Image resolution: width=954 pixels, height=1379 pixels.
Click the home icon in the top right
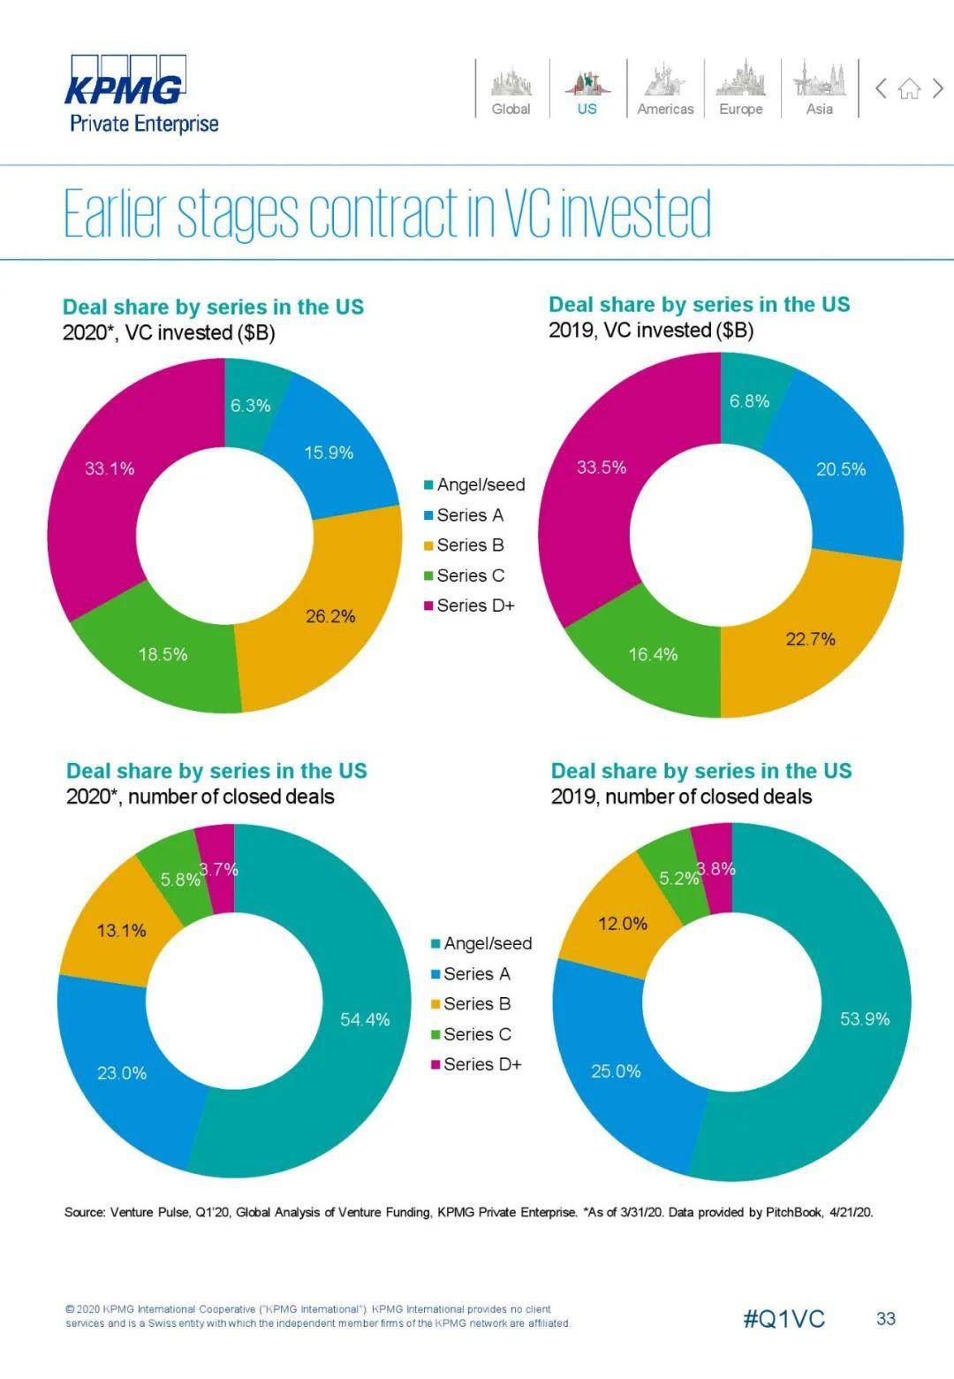tap(909, 88)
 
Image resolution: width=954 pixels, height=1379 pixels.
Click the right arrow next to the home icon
tap(938, 88)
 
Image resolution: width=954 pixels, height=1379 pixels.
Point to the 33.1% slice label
tap(110, 469)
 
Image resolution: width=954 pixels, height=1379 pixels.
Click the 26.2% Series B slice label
tap(330, 616)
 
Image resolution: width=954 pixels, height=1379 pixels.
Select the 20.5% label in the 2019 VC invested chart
tap(840, 469)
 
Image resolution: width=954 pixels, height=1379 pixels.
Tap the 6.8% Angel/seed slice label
tap(749, 401)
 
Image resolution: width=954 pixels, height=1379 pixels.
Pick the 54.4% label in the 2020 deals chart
tap(365, 1020)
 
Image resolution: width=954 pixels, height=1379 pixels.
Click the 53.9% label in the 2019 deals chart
tap(864, 1019)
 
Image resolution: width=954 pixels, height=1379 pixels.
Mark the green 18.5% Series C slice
tap(163, 655)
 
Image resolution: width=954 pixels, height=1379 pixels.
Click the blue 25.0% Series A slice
tap(616, 1071)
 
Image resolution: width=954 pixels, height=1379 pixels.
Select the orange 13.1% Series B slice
tap(121, 931)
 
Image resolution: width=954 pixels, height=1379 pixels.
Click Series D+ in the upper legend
tap(474, 606)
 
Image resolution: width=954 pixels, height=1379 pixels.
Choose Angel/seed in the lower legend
tap(487, 944)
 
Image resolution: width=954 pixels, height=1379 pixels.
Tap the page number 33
tap(885, 1319)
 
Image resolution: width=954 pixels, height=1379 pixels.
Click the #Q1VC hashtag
tap(784, 1319)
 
